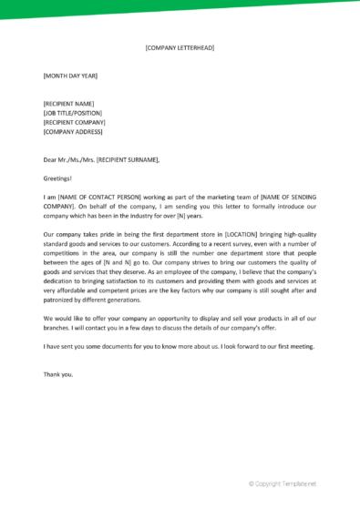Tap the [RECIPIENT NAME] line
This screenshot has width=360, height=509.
coord(68,104)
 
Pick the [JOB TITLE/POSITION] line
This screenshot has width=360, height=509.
coord(72,113)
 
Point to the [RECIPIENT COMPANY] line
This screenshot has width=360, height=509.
coord(74,122)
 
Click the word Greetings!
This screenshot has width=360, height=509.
coord(57,178)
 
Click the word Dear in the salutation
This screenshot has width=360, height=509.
coord(51,159)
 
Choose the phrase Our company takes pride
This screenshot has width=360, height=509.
coord(84,234)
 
